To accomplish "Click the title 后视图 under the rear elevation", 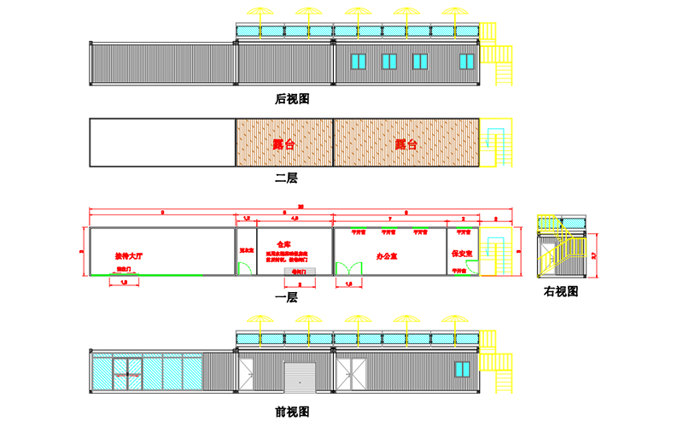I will [292, 99].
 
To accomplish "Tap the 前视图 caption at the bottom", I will [292, 412].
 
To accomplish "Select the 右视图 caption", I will [561, 291].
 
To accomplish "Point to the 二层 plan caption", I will [286, 178].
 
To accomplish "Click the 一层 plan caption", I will [286, 297].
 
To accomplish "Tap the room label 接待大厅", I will [131, 254].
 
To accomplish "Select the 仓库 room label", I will [284, 243].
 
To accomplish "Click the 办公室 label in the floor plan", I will [388, 255].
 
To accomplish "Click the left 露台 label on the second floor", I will [284, 143].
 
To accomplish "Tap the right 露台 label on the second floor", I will [406, 143].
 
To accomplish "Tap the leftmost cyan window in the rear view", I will [358, 61].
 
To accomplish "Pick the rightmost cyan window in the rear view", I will [466, 61].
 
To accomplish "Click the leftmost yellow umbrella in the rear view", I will [257, 15].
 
